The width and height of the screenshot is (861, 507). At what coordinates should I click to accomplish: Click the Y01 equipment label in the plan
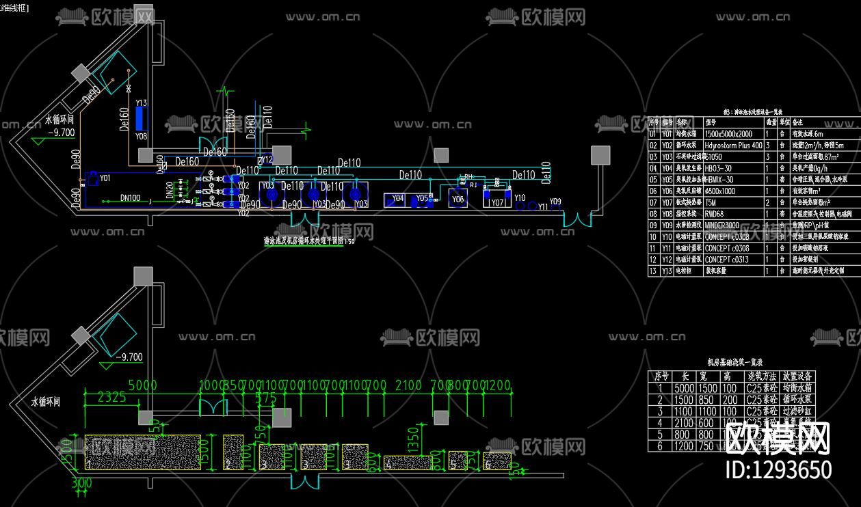105,178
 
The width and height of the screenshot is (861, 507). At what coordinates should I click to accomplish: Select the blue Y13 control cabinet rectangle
141,118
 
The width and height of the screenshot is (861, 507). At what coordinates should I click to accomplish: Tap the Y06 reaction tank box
458,199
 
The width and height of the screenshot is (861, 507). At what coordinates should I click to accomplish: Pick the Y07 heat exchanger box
496,200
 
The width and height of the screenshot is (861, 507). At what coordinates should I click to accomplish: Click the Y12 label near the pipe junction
267,159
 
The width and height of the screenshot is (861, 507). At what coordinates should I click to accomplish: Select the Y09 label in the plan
555,202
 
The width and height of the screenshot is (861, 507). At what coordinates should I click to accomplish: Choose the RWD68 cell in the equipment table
714,214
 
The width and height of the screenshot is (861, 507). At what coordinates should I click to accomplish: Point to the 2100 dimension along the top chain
408,385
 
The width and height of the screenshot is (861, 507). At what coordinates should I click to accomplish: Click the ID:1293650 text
778,470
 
